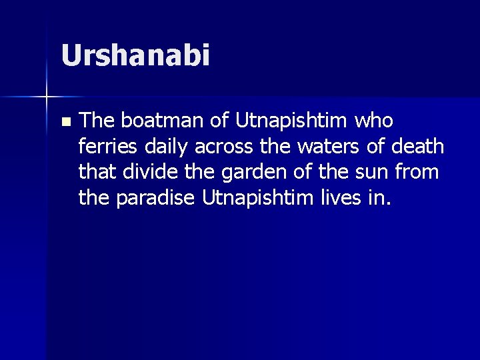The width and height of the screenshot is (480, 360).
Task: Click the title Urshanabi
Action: tap(135, 55)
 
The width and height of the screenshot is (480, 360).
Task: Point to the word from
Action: tap(421, 172)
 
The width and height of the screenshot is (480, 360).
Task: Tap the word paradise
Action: tap(156, 198)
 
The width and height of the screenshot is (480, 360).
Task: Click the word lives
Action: tap(339, 197)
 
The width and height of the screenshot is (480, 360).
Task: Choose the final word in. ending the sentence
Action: tap(375, 198)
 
